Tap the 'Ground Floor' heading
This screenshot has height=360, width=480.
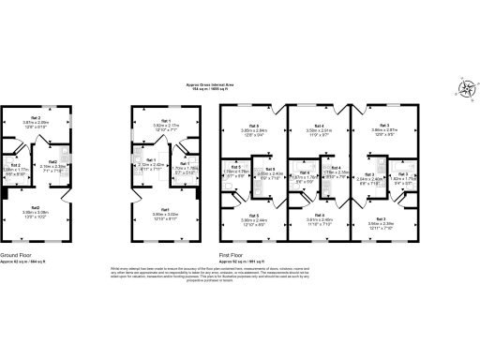pyautogui.click(x=20, y=253)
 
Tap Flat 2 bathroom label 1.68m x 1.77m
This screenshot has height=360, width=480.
pyautogui.click(x=15, y=172)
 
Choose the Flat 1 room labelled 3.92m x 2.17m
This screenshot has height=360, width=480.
pyautogui.click(x=165, y=124)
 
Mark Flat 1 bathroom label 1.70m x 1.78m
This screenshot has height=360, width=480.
pyautogui.click(x=185, y=169)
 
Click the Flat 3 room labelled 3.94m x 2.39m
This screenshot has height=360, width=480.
pyautogui.click(x=384, y=221)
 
